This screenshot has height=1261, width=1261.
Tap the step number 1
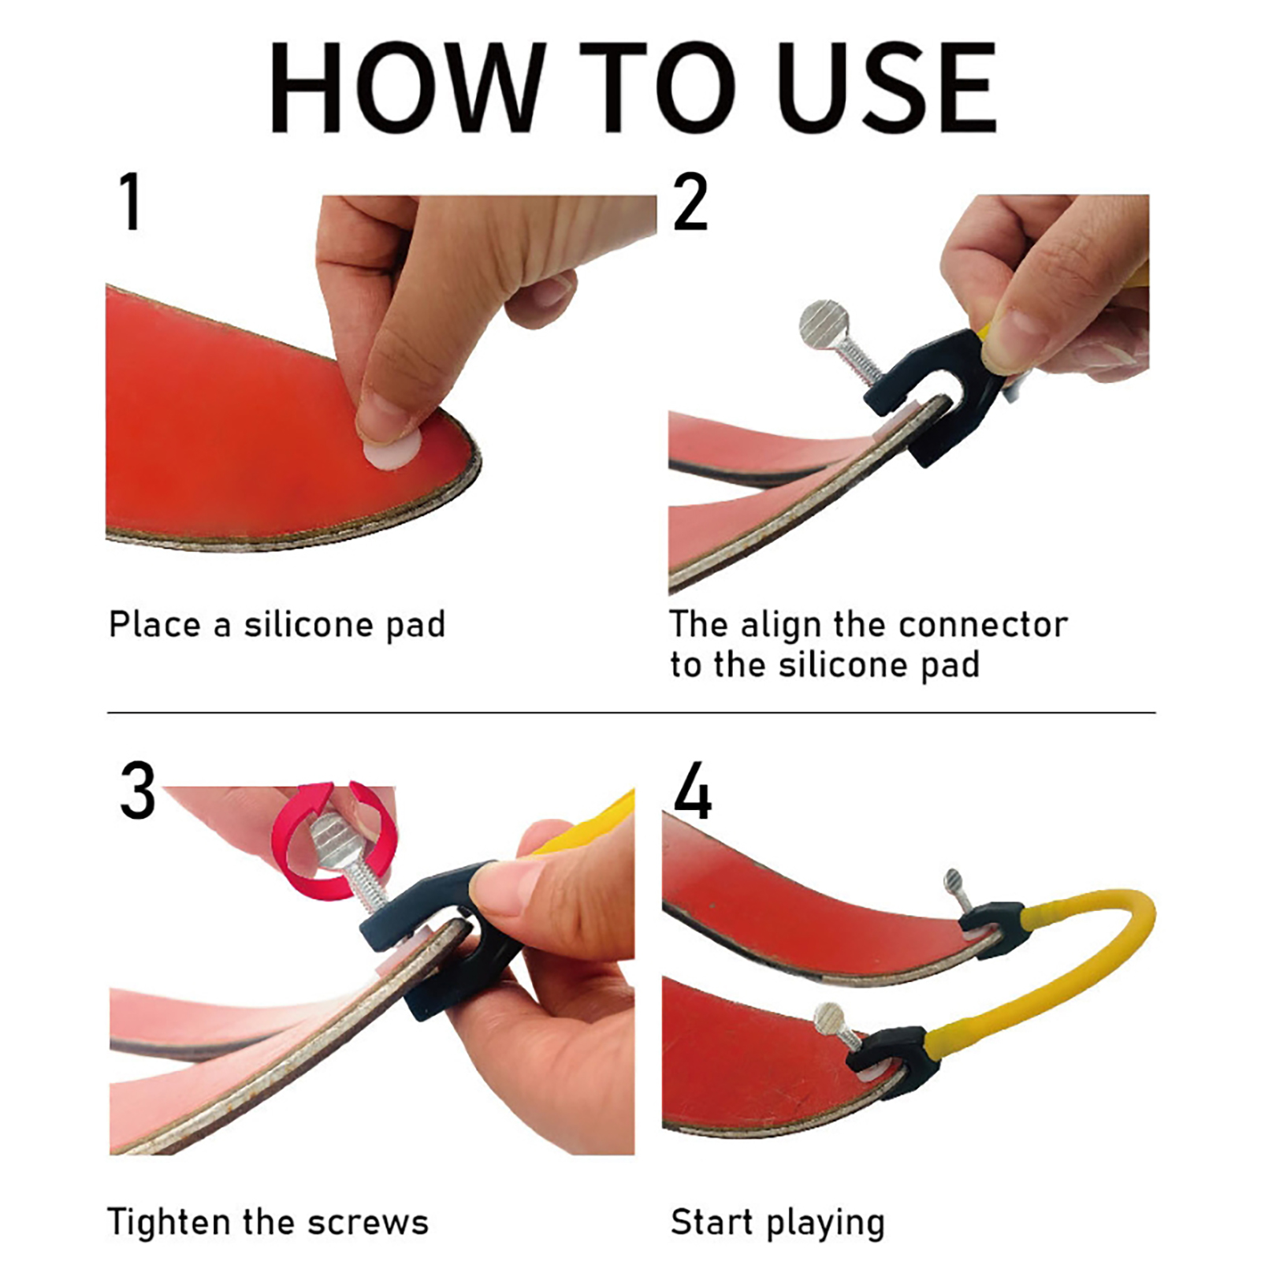131,202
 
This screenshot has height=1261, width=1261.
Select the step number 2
690,202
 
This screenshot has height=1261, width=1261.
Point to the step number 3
138,790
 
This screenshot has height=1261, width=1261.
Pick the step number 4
693,790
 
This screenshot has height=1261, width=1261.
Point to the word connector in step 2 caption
983,625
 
